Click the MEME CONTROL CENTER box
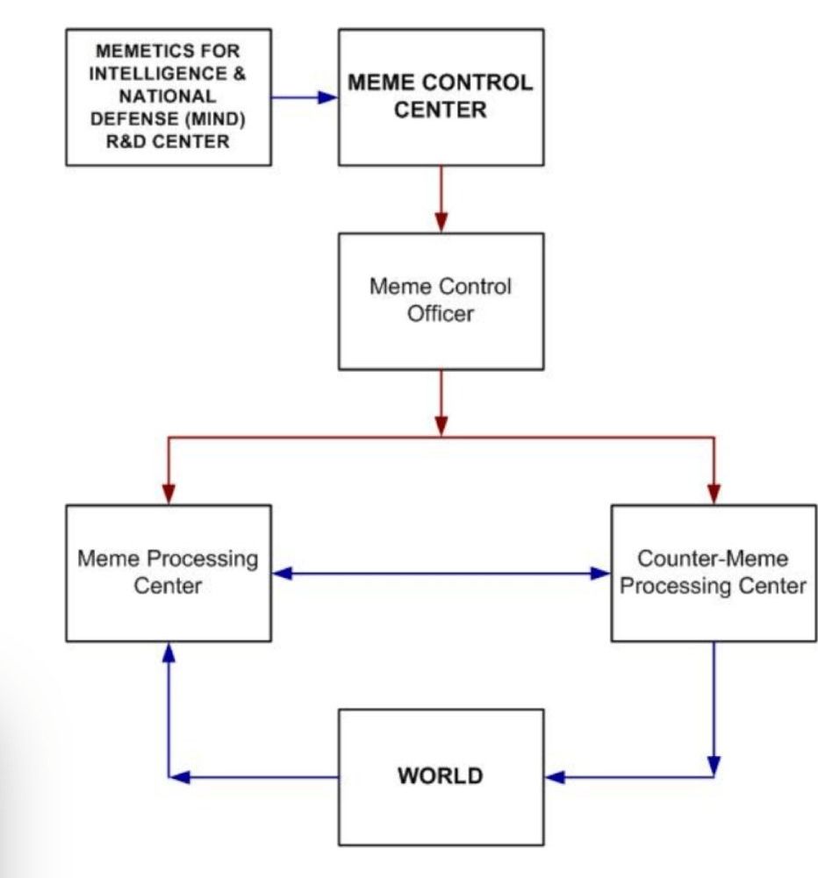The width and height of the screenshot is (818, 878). pos(441,96)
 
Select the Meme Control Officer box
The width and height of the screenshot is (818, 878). pos(441,301)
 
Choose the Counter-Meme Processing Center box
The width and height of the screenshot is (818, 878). pos(713,573)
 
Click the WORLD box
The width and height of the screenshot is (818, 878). pos(441,777)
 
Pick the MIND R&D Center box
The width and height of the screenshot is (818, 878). pos(169,96)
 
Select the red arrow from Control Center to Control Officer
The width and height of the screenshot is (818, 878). pos(441,198)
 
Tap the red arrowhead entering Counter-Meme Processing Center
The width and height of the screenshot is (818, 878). pos(714,495)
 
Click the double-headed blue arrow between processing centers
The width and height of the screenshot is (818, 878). pos(441,574)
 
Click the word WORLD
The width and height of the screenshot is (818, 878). pos(441,776)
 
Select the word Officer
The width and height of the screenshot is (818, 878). pos(441,313)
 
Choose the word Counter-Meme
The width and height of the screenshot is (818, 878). pos(713,559)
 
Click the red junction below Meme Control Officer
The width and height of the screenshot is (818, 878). pos(441,437)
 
